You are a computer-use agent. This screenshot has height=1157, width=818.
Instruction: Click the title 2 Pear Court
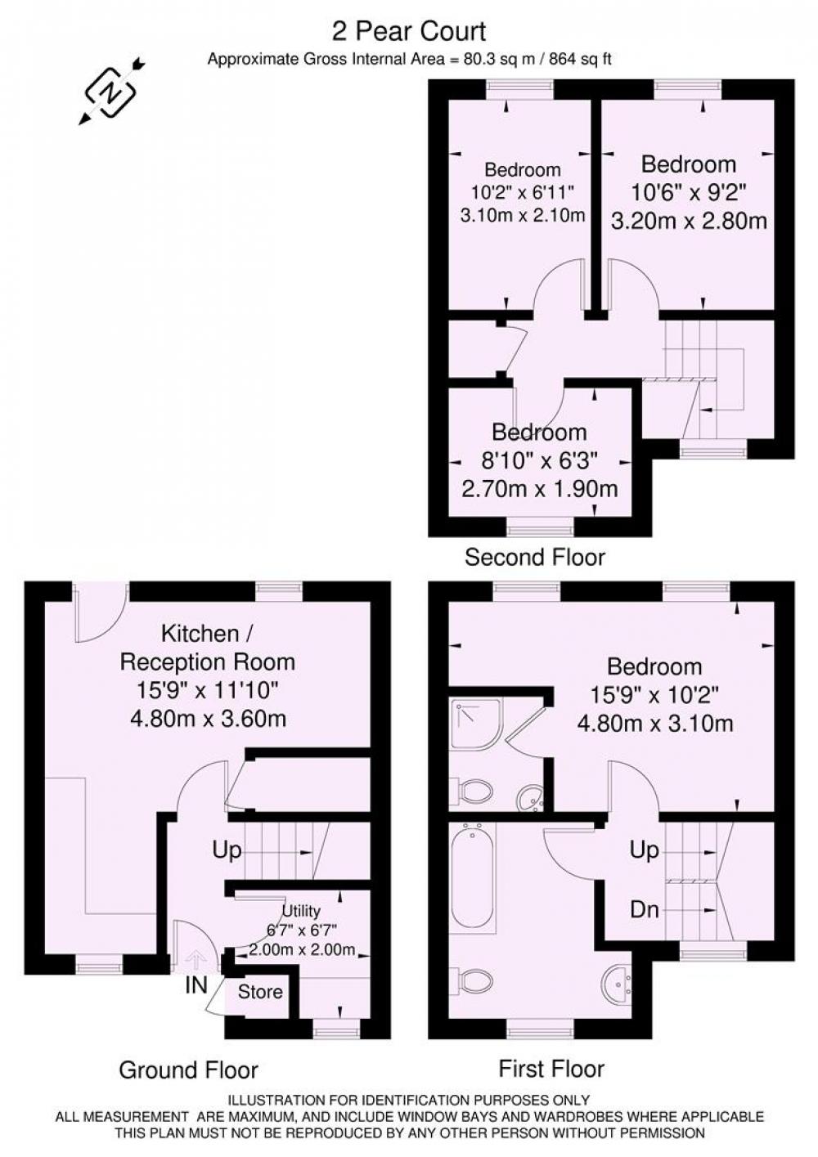[x=409, y=32]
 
